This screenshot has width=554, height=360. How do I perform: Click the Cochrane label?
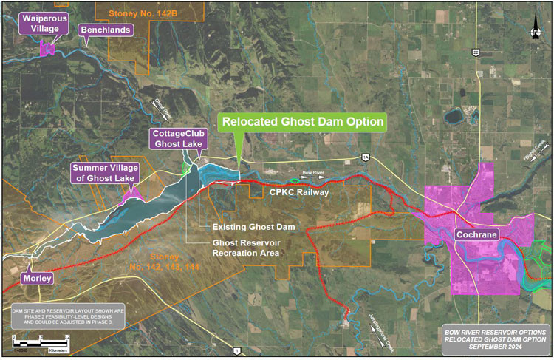click(476, 235)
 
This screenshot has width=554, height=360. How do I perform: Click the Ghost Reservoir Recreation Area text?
click(245, 247)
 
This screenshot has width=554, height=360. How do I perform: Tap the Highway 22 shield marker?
click(476, 52)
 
